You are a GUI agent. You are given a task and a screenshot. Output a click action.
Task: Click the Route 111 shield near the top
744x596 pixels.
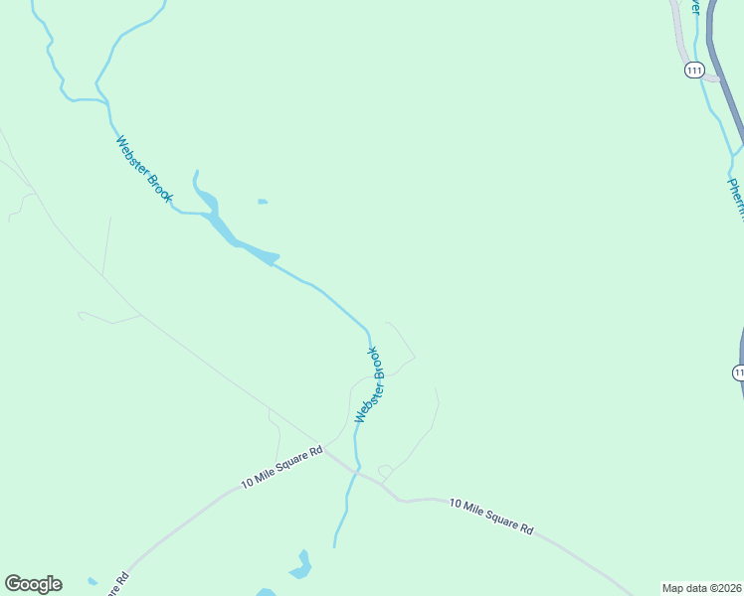point(694,70)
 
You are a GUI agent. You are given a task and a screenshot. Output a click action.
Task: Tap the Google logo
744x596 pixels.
point(33,584)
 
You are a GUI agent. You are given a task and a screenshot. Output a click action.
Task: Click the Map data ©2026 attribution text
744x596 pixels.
point(701,587)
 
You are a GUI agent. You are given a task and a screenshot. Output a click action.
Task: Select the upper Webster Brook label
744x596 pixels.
point(144,170)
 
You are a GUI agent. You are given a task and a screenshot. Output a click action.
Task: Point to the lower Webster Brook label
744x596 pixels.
point(368,385)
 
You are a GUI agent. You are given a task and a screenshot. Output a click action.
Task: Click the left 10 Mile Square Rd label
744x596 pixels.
point(282,466)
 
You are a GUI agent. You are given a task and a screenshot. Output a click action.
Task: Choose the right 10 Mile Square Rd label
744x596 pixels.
point(491,517)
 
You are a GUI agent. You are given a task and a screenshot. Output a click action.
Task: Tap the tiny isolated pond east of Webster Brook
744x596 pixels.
point(263,202)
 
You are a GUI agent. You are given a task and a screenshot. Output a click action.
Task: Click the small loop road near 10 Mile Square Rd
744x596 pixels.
point(385,471)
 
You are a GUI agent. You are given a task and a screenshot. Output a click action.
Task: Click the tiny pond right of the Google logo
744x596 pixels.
point(93,581)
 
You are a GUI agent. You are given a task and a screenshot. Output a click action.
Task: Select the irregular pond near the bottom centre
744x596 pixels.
point(300,566)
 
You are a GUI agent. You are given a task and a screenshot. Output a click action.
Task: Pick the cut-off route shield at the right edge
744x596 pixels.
point(738,372)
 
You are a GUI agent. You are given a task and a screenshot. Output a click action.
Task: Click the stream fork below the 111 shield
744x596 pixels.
point(731,154)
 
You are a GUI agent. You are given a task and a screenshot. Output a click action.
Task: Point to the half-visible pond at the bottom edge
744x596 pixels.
point(266,592)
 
